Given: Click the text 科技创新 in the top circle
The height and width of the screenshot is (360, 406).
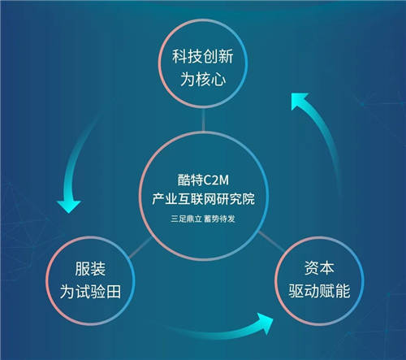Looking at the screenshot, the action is tap(203, 56).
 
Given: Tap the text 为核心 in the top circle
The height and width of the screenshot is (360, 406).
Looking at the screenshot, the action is tap(203, 79).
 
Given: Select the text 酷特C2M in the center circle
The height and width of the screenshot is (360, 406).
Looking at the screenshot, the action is tap(203, 180).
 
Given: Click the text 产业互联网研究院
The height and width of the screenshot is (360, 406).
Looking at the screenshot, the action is tap(203, 198).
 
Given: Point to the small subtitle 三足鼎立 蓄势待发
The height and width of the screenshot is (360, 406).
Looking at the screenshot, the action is tap(203, 219).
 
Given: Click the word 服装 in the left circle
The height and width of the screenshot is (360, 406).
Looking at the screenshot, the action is tap(90, 269).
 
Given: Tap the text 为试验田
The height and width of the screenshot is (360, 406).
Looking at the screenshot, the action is tap(90, 292).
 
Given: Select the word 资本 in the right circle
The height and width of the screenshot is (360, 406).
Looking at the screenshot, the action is tap(319, 267).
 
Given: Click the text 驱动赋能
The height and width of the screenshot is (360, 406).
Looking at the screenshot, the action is tap(319, 291).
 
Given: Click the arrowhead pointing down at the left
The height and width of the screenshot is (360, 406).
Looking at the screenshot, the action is tap(69, 206).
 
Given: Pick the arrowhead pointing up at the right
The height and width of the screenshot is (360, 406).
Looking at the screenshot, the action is tap(298, 100).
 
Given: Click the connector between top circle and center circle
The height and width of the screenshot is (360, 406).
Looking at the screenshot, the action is tap(203, 119).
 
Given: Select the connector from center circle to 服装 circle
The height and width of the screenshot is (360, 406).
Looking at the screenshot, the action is tap(140, 247).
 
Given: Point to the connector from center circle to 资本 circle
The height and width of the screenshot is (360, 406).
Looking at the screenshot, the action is tap(271, 241).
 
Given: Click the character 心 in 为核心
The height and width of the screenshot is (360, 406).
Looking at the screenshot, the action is tap(218, 80).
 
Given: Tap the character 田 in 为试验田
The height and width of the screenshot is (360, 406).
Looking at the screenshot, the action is tap(114, 292).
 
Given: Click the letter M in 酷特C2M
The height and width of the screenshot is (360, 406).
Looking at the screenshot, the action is tap(223, 180).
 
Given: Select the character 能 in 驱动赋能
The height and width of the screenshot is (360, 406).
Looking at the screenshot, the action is tap(343, 291).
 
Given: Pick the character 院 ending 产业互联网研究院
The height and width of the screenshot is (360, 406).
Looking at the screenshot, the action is tap(248, 199).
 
